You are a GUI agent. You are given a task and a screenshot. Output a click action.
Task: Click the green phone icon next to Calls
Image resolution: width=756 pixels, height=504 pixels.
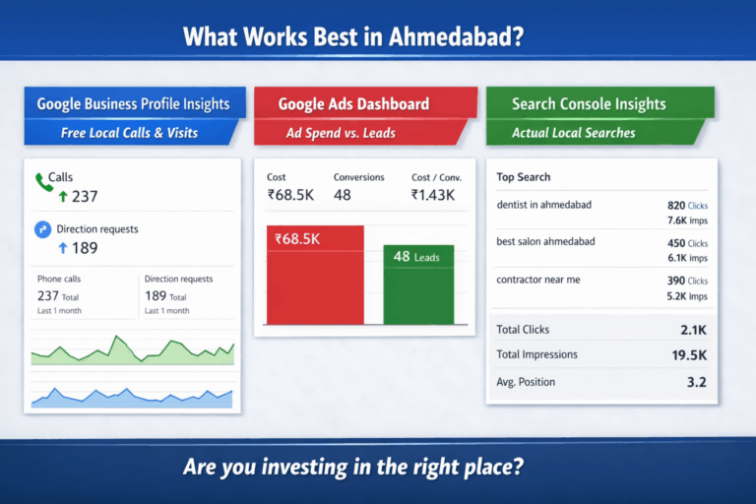(43, 181)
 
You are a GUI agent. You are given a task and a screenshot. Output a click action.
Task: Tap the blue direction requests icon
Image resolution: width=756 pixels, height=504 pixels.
(42, 229)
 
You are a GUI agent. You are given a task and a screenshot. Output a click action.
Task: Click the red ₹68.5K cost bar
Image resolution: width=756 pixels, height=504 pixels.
(315, 275)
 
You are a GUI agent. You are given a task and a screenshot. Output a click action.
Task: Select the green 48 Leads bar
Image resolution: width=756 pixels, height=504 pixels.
(417, 284)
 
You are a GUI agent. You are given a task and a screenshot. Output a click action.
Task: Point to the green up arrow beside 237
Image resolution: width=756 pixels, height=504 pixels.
(63, 197)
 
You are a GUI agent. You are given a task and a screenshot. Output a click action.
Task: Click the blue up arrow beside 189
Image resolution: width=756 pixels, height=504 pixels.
(63, 247)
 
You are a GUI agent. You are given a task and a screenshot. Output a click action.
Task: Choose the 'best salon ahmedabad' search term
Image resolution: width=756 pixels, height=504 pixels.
(545, 242)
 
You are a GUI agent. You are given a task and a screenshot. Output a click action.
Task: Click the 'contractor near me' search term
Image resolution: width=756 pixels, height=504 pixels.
(538, 280)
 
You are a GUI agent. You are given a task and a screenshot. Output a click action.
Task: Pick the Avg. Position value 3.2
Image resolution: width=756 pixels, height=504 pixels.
(696, 382)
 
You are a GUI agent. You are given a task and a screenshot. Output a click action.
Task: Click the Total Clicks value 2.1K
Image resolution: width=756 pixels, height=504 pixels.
(691, 330)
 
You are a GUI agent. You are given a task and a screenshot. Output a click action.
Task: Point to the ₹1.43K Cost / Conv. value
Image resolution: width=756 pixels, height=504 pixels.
(433, 195)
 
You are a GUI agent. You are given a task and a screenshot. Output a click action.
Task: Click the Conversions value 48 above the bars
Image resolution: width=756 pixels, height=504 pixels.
(343, 195)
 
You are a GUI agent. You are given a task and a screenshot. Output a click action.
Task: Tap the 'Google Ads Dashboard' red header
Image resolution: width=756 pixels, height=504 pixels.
(353, 103)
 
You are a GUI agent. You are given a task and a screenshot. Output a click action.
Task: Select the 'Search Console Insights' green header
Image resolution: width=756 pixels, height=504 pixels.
(589, 103)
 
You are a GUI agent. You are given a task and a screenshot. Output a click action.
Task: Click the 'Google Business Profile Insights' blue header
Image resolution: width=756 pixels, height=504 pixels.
(133, 103)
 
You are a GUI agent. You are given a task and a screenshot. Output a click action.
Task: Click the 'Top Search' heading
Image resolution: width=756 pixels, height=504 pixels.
(524, 177)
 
